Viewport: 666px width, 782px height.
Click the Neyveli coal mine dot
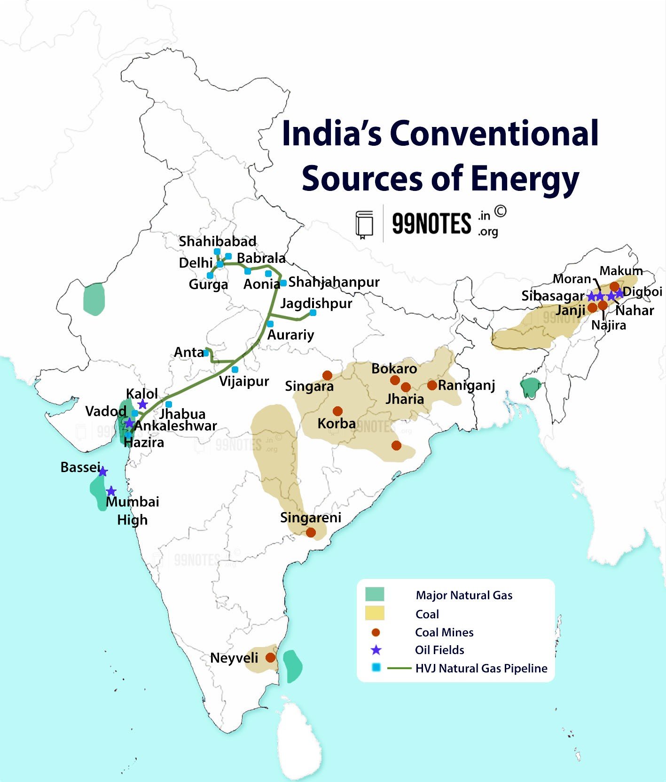click(x=270, y=657)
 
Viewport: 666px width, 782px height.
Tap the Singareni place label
click(x=310, y=518)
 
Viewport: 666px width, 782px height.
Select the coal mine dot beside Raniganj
click(x=432, y=385)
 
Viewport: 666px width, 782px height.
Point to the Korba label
click(x=337, y=423)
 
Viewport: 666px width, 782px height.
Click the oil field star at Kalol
click(x=143, y=404)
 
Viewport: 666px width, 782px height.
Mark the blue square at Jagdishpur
click(x=313, y=313)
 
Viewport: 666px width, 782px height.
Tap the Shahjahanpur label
click(x=334, y=282)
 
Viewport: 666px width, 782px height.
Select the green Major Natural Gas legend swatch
click(x=375, y=594)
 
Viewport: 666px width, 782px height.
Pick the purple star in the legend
click(x=376, y=650)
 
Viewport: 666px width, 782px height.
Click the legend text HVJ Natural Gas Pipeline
click(x=481, y=668)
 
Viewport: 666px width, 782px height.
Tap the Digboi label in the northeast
click(x=642, y=292)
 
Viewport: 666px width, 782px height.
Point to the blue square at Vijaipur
click(x=235, y=370)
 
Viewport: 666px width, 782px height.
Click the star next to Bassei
click(x=103, y=471)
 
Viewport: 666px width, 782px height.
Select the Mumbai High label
click(x=133, y=510)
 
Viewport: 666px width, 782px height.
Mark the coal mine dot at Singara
click(x=328, y=375)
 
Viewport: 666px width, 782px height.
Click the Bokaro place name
click(x=394, y=368)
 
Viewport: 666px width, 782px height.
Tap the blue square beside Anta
click(x=206, y=353)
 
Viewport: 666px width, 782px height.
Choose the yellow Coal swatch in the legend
click(x=375, y=613)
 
